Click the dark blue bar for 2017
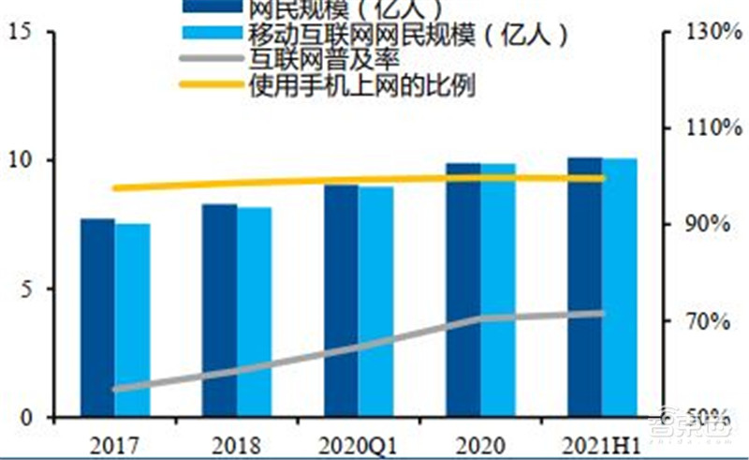97,319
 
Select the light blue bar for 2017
132,320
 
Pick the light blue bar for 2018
254,313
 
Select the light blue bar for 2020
498,290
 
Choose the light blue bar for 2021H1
619,288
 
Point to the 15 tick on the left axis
29,33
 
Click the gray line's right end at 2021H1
602,314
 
